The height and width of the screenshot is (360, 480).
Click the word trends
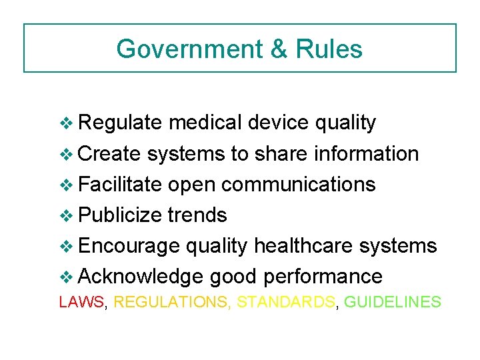(197, 215)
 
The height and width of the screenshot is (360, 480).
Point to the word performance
(323, 276)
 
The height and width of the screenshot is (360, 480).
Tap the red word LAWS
(82, 302)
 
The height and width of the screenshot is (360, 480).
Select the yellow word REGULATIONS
(172, 302)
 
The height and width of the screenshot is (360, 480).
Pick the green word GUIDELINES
(393, 302)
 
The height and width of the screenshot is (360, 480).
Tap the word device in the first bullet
(277, 123)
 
